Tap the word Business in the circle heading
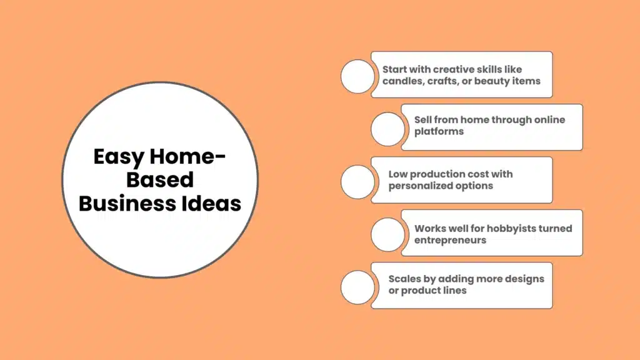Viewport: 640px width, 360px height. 119,203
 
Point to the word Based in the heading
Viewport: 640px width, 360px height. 160,180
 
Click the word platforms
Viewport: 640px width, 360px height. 439,131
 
